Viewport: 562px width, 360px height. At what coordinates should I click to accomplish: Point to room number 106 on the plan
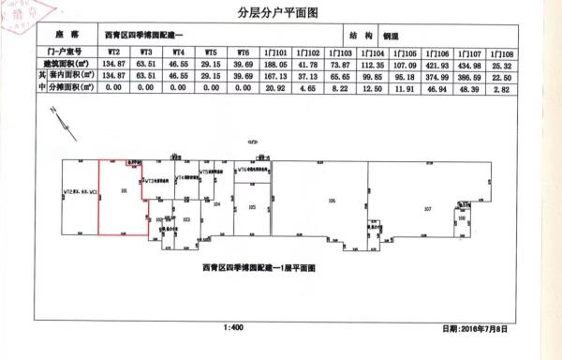tap(331, 200)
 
